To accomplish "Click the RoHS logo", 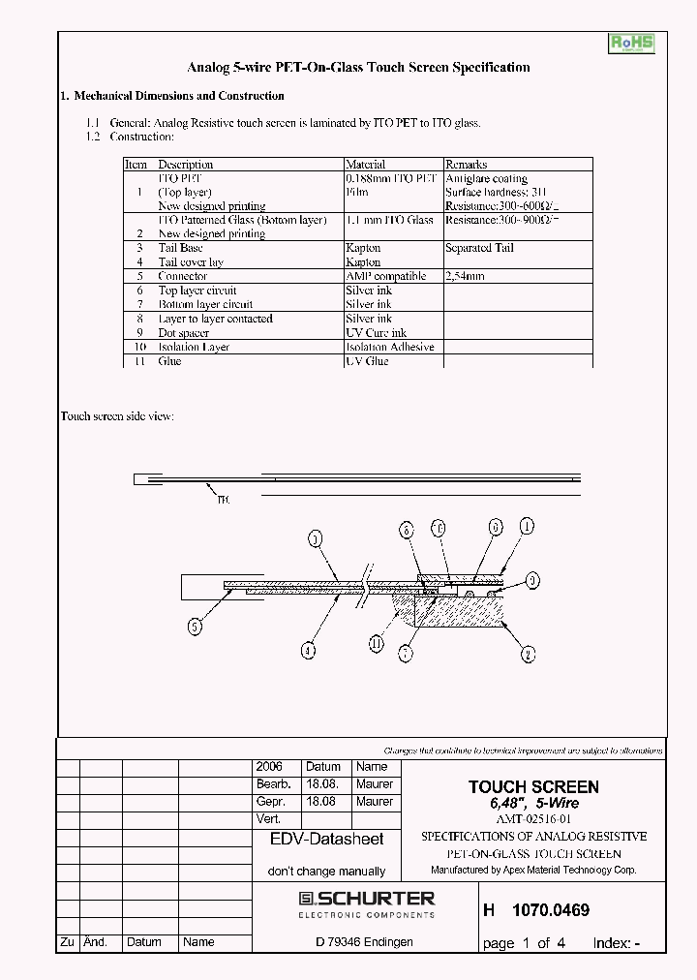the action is click(x=631, y=44).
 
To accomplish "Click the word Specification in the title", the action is click(x=484, y=68).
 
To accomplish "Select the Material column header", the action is click(x=365, y=165).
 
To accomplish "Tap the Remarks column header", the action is click(x=466, y=165).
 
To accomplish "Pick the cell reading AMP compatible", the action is click(x=385, y=276).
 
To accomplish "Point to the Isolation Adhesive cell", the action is click(x=389, y=347).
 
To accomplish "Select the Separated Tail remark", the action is click(x=479, y=248).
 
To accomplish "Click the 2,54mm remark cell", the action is click(x=465, y=276).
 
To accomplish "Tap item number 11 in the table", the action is click(x=139, y=360).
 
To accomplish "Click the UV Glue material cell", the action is click(x=367, y=360).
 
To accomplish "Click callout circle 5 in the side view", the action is click(x=195, y=627).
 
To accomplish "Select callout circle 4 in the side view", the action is click(x=307, y=652).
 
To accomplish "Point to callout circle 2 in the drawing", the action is click(x=528, y=654).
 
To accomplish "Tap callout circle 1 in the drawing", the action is click(x=527, y=526).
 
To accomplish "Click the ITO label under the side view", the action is click(x=223, y=500).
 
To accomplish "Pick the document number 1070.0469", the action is click(x=550, y=910).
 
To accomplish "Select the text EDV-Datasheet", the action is click(x=326, y=840).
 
